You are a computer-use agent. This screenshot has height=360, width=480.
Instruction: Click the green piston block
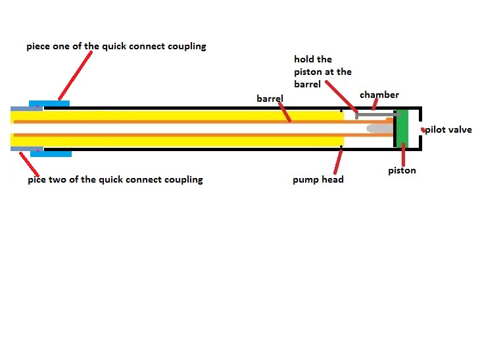click(401, 128)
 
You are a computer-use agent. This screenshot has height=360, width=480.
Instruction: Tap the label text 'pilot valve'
click(448, 130)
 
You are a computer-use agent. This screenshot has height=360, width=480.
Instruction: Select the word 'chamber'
click(379, 95)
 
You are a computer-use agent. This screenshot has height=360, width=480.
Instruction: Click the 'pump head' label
click(318, 179)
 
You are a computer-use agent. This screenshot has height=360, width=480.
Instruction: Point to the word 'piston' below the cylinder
click(402, 171)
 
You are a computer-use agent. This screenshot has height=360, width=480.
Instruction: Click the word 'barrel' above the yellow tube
click(270, 99)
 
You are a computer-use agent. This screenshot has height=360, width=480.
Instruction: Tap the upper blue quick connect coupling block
click(49, 104)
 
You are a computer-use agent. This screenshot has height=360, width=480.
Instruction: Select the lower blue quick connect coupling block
click(51, 153)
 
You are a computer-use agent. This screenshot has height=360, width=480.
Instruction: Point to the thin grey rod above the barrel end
click(375, 114)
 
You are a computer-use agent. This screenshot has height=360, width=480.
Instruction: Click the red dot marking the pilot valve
click(423, 130)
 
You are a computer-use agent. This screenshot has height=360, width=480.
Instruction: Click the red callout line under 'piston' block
click(402, 156)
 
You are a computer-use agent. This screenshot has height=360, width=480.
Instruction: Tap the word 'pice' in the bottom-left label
click(37, 179)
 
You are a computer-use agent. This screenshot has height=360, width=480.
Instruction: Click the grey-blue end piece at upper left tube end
click(20, 108)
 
